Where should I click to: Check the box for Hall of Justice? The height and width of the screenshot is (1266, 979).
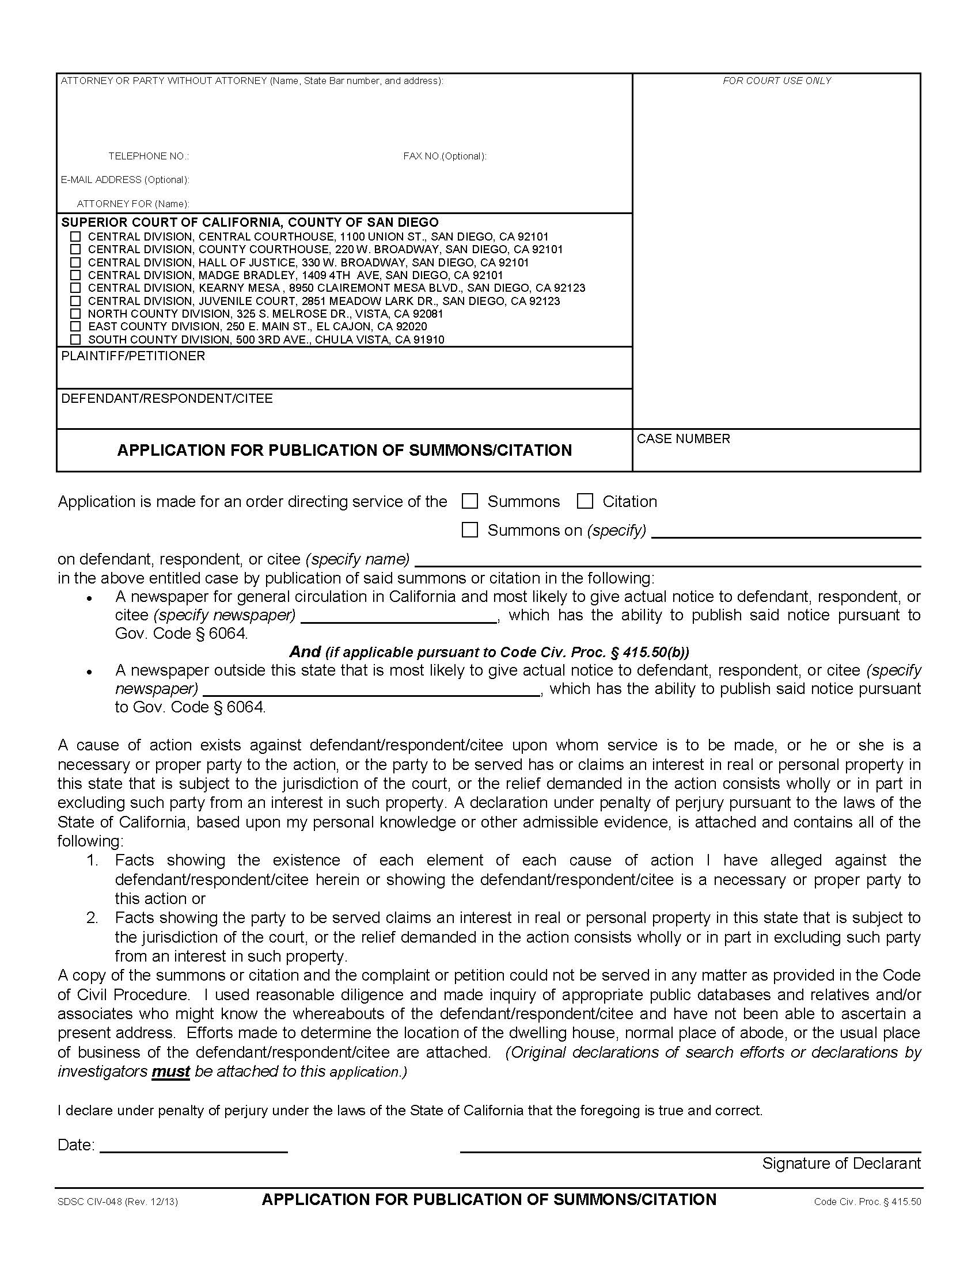tap(75, 262)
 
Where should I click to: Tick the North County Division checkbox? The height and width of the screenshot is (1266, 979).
tap(75, 314)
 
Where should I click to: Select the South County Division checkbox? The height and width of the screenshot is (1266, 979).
tap(75, 339)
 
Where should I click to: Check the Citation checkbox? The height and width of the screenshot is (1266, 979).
tap(585, 501)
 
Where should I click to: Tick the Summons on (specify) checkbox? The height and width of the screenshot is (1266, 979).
tap(469, 530)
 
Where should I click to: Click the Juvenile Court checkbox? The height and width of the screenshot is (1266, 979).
tap(75, 301)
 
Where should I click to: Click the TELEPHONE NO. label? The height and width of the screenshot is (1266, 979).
tap(149, 156)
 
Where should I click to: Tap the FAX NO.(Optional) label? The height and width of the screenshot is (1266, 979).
tap(445, 156)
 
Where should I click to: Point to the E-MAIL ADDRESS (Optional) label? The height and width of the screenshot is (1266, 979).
tap(125, 180)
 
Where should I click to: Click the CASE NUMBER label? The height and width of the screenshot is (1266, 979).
tap(683, 439)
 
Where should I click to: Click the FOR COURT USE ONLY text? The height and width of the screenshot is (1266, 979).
tap(777, 81)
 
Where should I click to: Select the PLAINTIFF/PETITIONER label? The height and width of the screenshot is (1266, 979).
tap(133, 356)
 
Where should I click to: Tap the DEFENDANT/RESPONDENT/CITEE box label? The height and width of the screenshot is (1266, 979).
tap(166, 398)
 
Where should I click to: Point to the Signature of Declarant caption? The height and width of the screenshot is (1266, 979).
tap(841, 1164)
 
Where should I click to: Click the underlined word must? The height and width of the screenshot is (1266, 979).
tap(170, 1072)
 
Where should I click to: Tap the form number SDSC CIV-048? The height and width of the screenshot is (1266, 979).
tap(89, 1202)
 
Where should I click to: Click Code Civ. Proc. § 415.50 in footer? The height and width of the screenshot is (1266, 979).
tap(867, 1202)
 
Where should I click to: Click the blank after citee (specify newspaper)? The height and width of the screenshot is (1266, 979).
tap(399, 616)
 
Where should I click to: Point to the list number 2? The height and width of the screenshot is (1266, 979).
tap(92, 918)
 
